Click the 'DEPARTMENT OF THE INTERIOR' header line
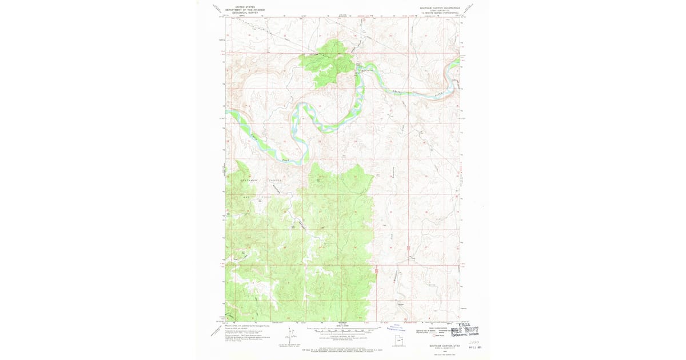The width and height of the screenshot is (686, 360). pos(246,10)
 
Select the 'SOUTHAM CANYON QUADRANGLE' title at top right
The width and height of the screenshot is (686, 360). pos(438,7)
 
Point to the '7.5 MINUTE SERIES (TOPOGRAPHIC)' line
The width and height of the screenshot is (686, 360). pos(438,13)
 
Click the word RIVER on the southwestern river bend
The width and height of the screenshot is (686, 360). pos(285,162)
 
